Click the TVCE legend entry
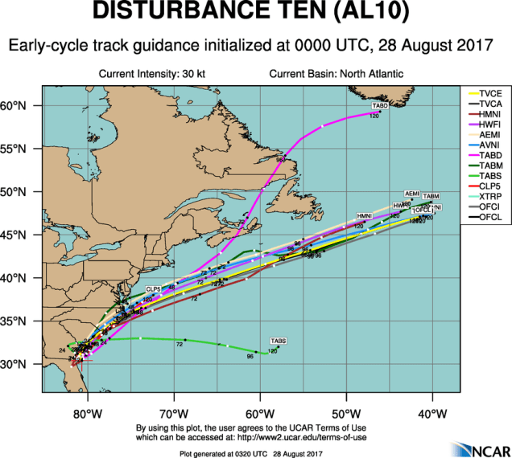491,93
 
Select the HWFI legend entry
491,124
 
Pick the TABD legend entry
491,154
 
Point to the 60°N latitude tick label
24,106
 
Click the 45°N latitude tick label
24,235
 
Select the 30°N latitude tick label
24,364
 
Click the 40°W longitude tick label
432,415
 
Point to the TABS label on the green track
279,341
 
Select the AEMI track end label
412,194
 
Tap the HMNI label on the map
365,216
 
